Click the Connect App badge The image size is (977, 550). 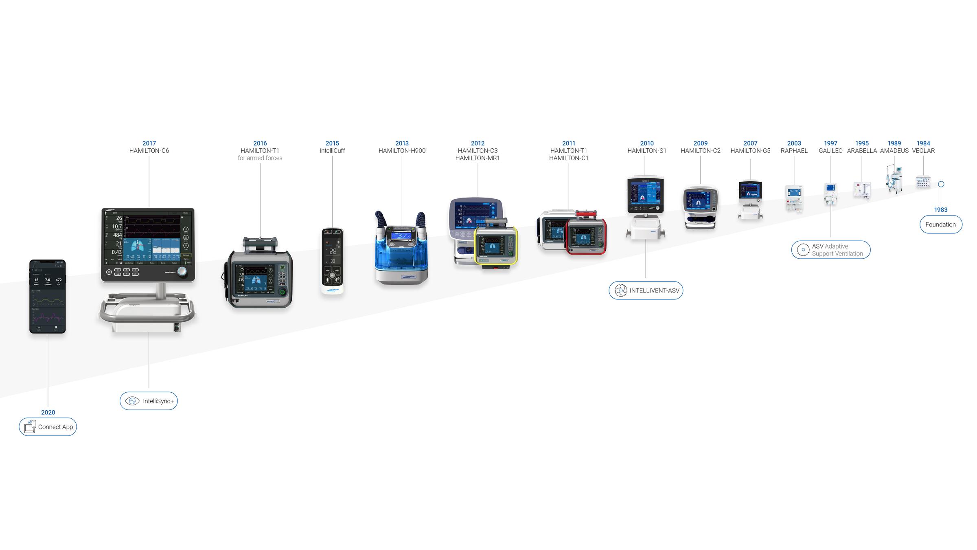pos(48,427)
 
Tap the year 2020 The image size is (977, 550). pos(48,412)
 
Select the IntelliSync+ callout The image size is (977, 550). pos(149,401)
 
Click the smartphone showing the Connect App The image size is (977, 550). pos(48,297)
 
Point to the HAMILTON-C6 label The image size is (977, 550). pos(149,151)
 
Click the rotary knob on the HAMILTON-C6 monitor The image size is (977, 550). pos(182,271)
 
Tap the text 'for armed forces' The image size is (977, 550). pos(260,158)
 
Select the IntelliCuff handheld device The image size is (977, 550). pos(332,261)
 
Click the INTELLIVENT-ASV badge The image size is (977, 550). pos(646,290)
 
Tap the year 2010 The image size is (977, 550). pos(646,143)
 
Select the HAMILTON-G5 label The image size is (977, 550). pos(750,151)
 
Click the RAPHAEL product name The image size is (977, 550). pos(794,151)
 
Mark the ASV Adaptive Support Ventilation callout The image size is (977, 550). pos(830,250)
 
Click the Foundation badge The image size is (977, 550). pos(940,224)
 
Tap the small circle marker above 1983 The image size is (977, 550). pos(941,184)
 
